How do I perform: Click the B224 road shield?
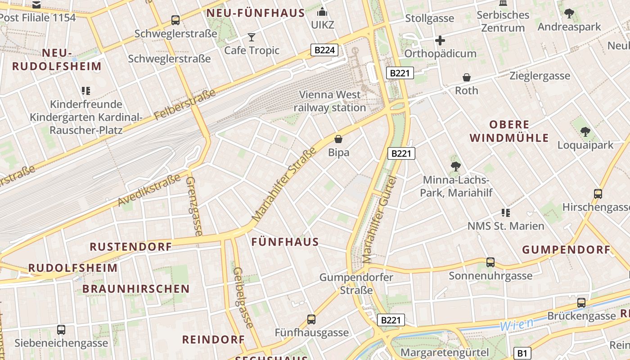(324, 50)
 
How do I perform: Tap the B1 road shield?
(522, 353)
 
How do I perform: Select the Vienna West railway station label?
(330, 101)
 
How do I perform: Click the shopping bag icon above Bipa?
(338, 139)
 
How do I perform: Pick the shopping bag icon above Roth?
(467, 77)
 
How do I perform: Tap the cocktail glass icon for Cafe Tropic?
(252, 37)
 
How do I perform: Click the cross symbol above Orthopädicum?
(440, 41)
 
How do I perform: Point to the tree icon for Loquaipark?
(585, 132)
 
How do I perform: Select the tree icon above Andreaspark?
(569, 13)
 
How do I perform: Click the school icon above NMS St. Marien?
(506, 212)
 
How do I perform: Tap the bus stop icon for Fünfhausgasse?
(311, 319)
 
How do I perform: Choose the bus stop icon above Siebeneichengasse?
(61, 330)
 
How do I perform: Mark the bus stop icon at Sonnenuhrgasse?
(490, 262)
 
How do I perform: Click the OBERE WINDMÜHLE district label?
(509, 131)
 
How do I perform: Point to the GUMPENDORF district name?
(566, 250)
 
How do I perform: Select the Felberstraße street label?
(185, 104)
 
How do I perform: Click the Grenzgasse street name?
(194, 206)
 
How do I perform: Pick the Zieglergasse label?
(540, 76)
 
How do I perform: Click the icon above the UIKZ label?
(322, 12)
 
